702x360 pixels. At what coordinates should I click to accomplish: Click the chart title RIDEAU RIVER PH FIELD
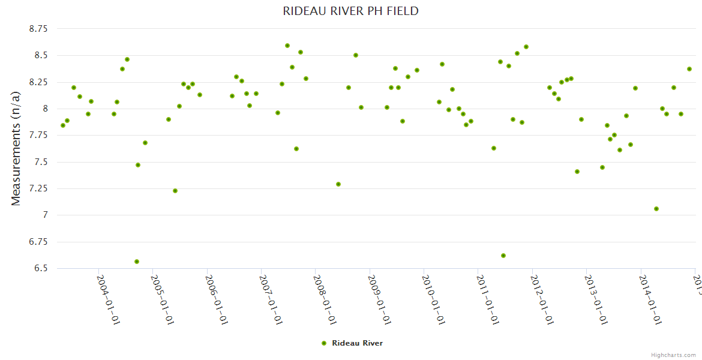coord(350,11)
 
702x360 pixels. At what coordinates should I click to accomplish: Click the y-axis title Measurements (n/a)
coord(16,148)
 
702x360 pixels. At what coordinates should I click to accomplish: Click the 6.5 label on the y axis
coord(41,268)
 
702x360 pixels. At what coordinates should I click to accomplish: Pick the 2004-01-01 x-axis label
coord(108,299)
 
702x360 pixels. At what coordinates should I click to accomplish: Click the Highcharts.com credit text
coord(673,355)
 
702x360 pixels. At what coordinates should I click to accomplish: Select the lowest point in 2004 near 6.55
coord(137,262)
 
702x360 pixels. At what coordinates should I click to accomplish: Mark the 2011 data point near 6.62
coord(503,256)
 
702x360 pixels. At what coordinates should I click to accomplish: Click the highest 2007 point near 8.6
coord(287,46)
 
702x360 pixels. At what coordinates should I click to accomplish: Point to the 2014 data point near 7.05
coord(656,209)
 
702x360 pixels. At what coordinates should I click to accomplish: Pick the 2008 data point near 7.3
coord(338,184)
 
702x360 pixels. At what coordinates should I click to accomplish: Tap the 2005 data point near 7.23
coord(175,191)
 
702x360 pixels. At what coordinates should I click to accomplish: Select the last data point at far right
coord(689,69)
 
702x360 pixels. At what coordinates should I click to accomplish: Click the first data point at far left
coord(63,125)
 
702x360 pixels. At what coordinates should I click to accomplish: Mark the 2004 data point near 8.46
coord(127,59)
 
